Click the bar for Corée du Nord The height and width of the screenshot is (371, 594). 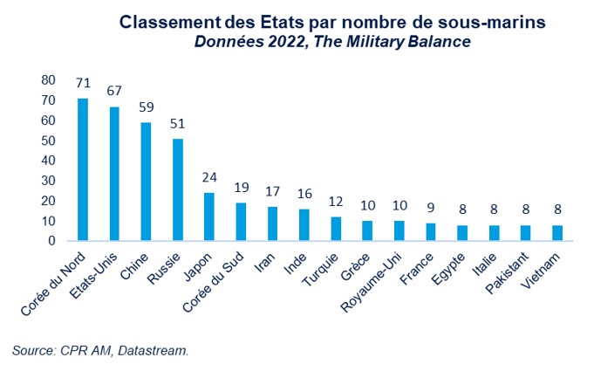(x=83, y=169)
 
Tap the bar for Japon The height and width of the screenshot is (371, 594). (x=209, y=216)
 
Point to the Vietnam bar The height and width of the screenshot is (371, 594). (x=556, y=233)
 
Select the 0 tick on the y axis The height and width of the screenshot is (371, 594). (x=52, y=240)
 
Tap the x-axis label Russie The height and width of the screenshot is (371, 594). (x=165, y=269)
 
